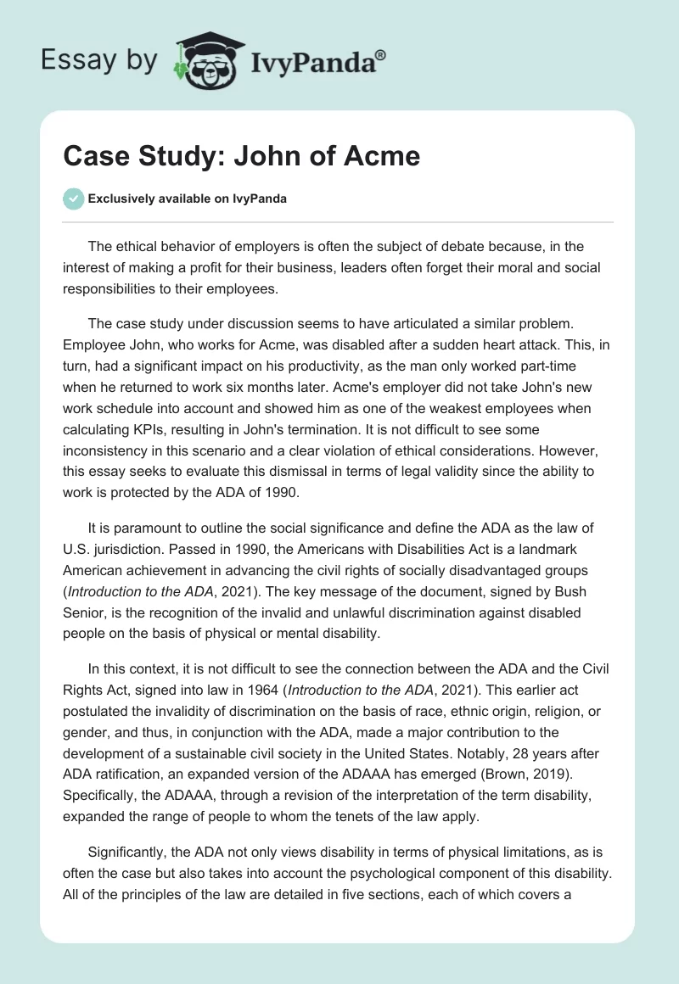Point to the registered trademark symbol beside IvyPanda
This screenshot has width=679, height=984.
point(381,54)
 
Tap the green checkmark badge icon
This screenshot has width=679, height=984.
point(73,199)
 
